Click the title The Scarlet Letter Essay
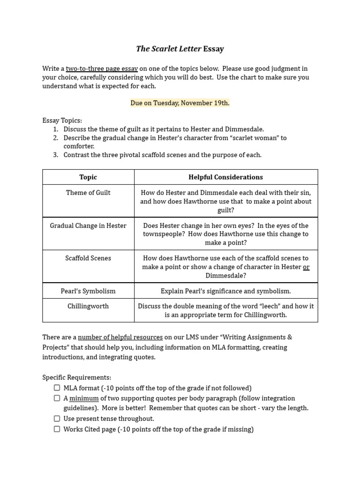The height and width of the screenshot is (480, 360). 180,49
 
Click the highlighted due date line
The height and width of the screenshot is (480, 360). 180,103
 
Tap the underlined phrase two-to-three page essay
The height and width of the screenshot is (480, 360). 102,68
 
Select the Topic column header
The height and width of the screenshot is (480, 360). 88,177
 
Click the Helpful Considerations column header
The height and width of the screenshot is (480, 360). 225,177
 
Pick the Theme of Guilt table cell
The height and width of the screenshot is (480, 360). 88,193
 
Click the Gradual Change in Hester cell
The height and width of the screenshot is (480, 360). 88,225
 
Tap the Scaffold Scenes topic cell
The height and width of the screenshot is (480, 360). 88,258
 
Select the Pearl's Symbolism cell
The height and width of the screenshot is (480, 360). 88,291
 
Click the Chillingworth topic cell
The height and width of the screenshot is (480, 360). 88,306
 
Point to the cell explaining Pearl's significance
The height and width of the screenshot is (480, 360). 225,291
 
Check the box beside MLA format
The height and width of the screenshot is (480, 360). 57,388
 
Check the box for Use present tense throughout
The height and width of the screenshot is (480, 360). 57,419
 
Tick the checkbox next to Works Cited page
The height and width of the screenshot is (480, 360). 57,429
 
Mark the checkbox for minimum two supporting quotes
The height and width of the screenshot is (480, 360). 57,398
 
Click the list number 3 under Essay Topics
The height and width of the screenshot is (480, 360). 55,155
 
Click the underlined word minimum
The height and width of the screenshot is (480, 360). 84,398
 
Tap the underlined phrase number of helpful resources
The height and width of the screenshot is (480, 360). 120,337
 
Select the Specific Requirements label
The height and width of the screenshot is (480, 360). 77,377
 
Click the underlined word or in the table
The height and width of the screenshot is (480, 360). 306,267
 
